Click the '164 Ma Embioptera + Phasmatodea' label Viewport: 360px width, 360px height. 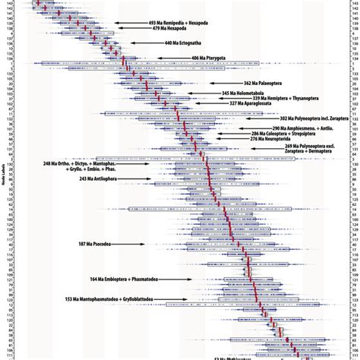pyautogui.click(x=113, y=278)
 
